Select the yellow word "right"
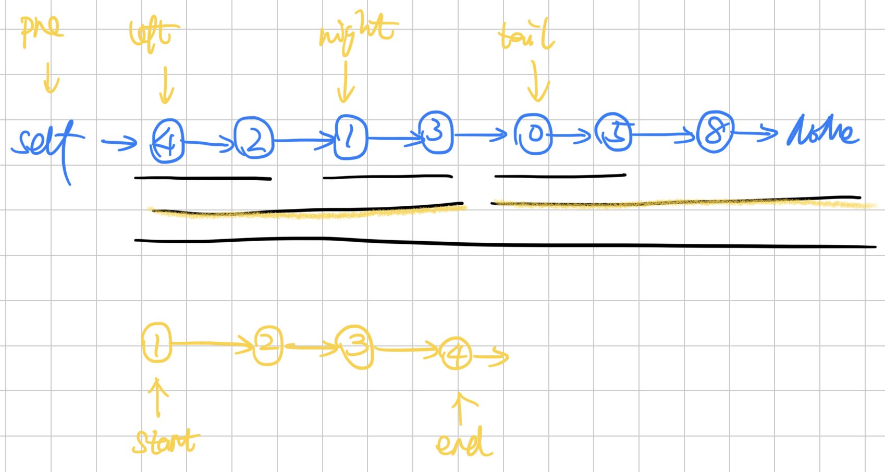(358, 32)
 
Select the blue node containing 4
(168, 141)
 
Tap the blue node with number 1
(350, 137)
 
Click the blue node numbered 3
(436, 133)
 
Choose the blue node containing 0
(533, 134)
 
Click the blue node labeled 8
(715, 132)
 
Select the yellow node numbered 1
(157, 343)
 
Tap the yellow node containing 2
(268, 345)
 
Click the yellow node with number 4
(456, 354)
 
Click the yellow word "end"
(463, 443)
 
